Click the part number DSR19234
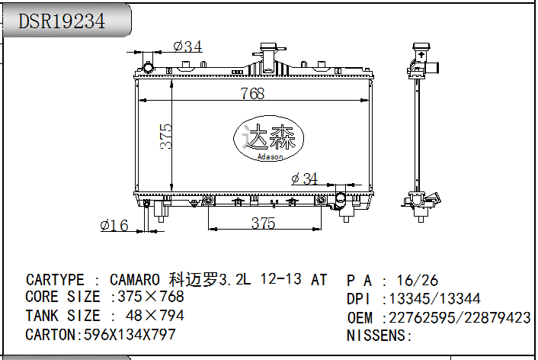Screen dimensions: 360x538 62,21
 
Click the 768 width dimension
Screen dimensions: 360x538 252,93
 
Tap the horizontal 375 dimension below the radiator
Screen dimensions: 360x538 263,223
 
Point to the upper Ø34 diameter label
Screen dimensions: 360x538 187,47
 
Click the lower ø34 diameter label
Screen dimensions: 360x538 305,178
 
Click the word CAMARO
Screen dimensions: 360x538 135,280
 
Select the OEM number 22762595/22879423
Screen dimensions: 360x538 460,317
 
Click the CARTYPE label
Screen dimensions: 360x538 56,280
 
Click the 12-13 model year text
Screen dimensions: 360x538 280,280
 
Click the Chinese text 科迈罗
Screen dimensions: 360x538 193,280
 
